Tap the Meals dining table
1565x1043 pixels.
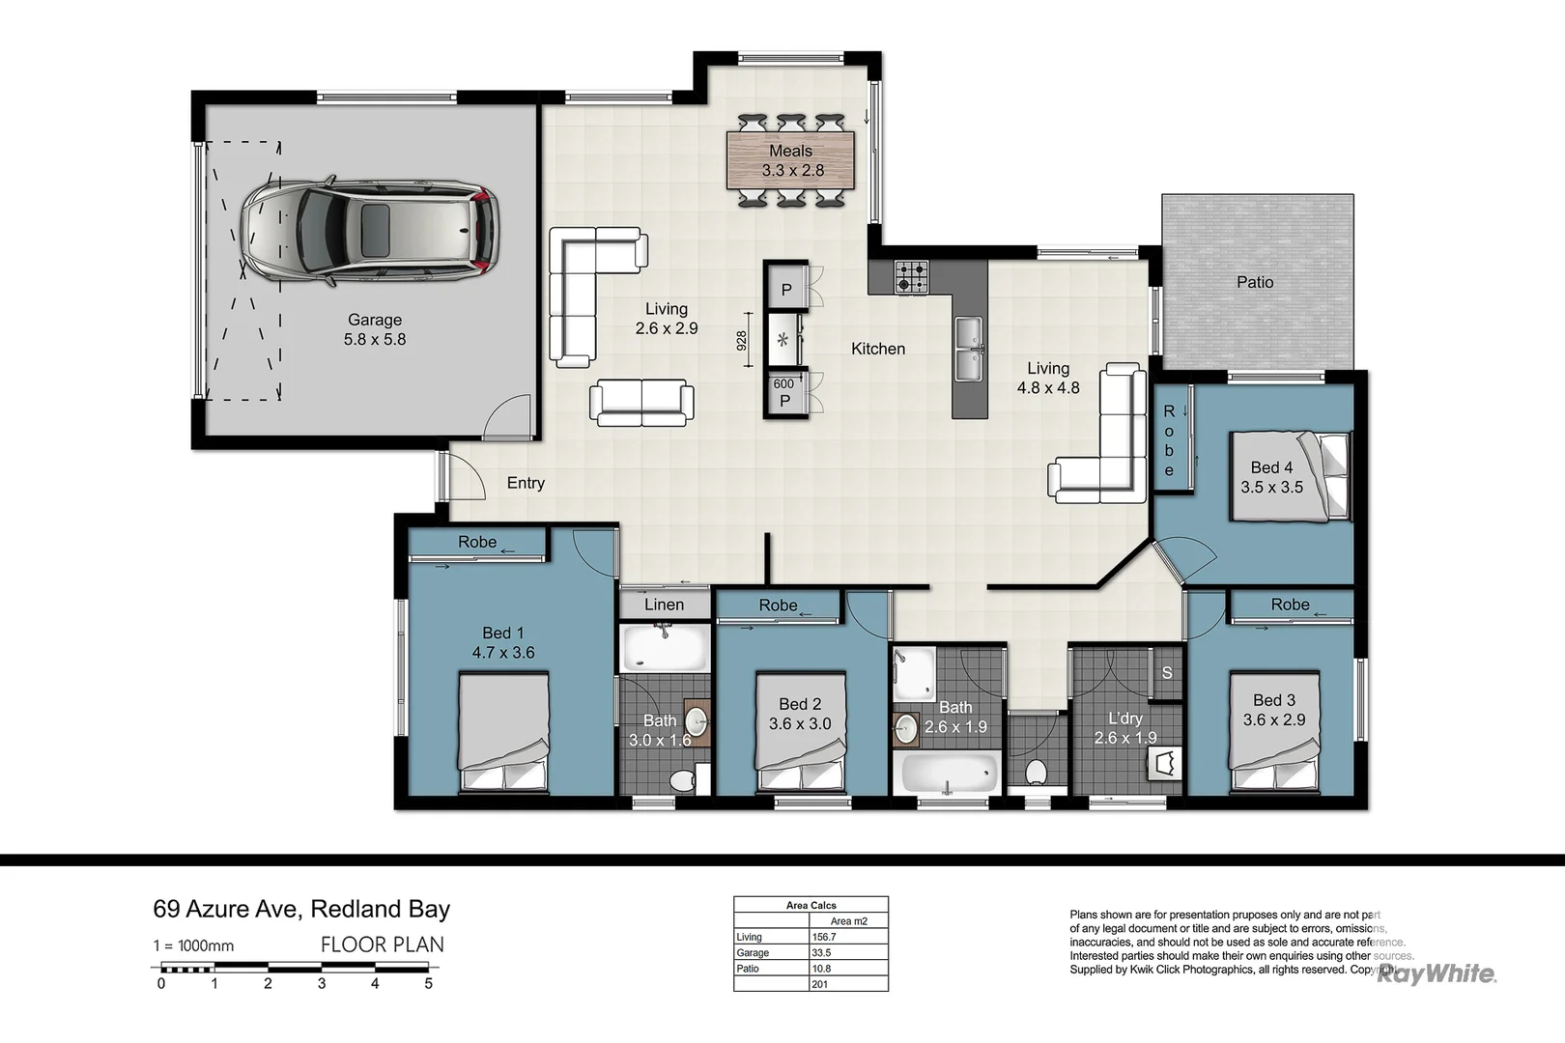coord(791,160)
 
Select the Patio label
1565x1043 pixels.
coord(1255,282)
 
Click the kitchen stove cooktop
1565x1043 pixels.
coord(912,276)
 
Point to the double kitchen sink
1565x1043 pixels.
coord(968,350)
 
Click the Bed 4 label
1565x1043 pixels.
coord(1271,467)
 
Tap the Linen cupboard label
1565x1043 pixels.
coord(664,605)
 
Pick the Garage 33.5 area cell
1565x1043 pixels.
coord(847,952)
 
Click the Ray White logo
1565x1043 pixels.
coord(1437,973)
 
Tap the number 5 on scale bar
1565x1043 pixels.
coord(428,984)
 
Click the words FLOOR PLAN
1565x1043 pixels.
coord(383,944)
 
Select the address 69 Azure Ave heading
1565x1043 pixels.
coord(301,909)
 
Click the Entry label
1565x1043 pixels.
coord(526,483)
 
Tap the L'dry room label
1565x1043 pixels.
coord(1124,719)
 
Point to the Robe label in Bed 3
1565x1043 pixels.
coord(1290,605)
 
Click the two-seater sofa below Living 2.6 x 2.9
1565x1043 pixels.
coord(641,402)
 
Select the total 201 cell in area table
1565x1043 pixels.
coord(847,984)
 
